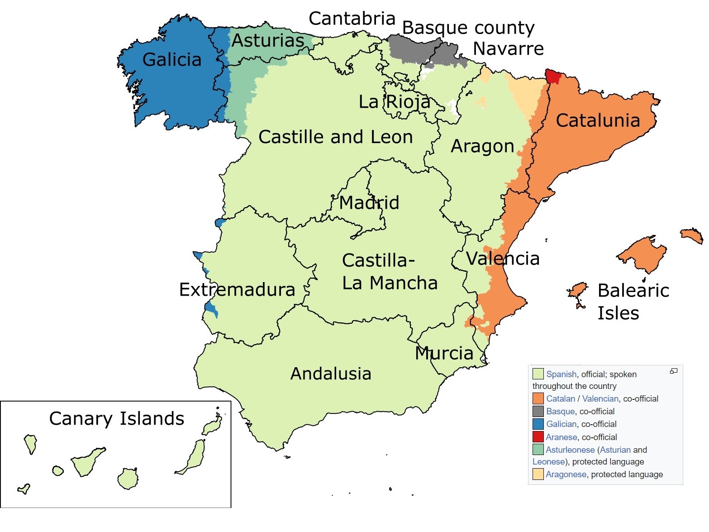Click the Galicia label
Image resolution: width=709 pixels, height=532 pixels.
pos(171,60)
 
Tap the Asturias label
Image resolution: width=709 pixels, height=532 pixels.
pos(268,41)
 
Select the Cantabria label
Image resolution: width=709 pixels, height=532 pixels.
pos(352,19)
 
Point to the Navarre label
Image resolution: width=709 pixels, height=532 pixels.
pos(508,49)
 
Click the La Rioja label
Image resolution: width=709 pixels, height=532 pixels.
pos(394,102)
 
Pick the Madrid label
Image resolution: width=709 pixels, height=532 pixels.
pos(369,202)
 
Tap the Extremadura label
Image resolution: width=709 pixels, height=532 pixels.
pos(237,290)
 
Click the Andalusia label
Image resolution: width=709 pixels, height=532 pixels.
pos(331,374)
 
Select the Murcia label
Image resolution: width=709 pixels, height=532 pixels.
pos(444,354)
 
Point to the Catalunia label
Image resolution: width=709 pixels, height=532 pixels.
pos(598,120)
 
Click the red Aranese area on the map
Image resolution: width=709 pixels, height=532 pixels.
pos(552,76)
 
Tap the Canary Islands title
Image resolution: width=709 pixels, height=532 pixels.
pos(117,419)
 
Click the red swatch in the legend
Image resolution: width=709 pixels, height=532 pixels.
pos(538,437)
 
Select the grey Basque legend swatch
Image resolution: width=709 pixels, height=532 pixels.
pos(538,412)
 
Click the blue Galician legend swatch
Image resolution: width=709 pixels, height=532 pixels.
pos(538,424)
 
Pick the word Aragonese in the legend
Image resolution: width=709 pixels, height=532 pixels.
pos(566,474)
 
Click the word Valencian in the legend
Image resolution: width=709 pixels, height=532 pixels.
pos(600,399)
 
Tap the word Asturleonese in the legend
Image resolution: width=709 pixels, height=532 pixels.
pos(570,450)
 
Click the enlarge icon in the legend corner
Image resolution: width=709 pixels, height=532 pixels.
pos(674,371)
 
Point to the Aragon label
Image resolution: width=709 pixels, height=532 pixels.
pos(482,147)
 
